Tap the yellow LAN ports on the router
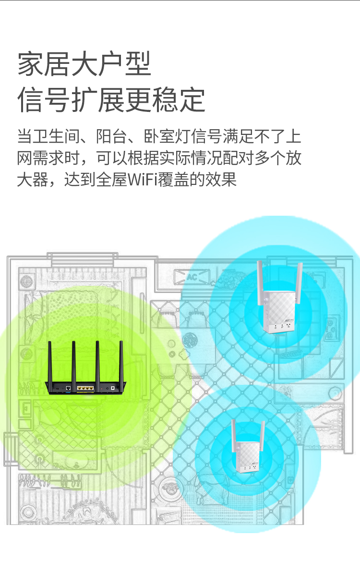click(85, 387)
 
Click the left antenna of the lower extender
click(234, 437)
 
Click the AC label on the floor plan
click(192, 277)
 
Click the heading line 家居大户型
click(84, 64)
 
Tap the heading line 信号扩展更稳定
click(111, 100)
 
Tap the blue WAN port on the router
click(69, 387)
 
